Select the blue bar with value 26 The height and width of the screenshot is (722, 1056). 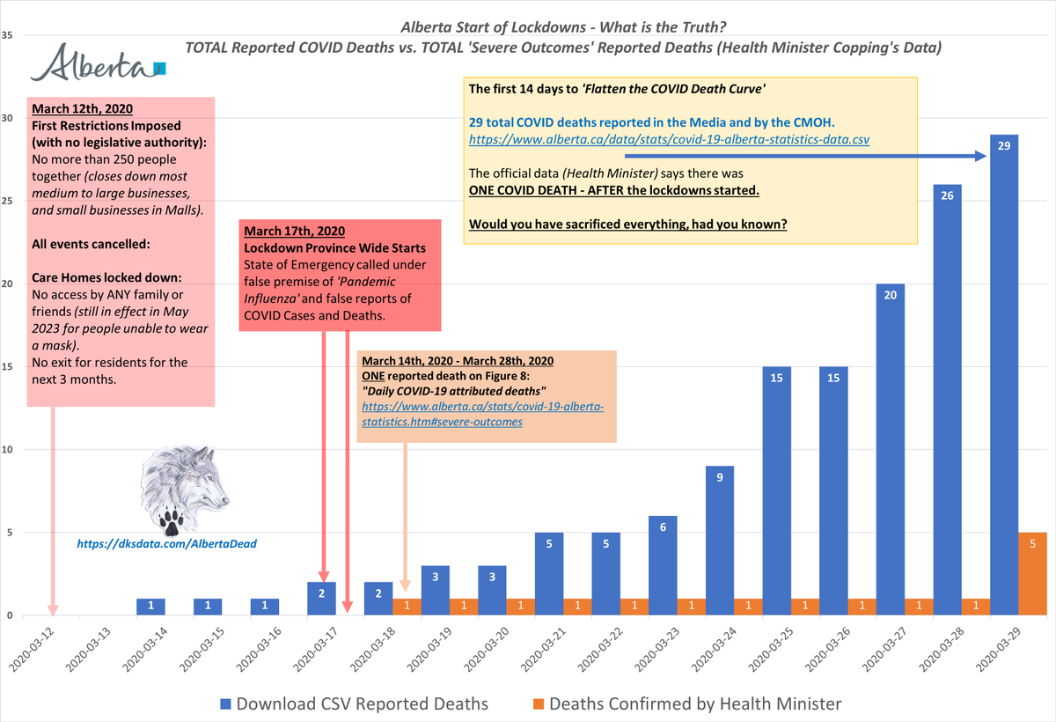point(947,400)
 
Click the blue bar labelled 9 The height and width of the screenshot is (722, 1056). point(719,541)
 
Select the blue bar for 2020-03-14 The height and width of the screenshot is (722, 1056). point(150,607)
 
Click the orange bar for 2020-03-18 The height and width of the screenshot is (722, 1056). point(407,607)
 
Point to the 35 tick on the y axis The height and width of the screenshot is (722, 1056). point(7,35)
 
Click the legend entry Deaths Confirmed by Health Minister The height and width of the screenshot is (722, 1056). point(686,703)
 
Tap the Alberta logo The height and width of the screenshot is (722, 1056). point(96,67)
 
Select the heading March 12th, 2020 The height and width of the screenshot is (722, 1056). point(83,109)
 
